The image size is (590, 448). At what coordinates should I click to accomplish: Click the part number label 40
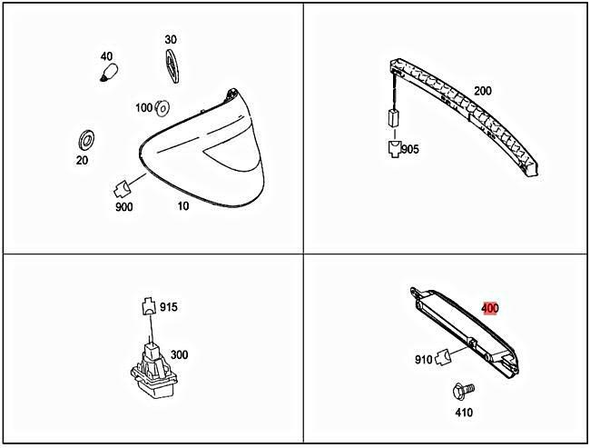pos(105,56)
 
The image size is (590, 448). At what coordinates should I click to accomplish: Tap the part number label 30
pos(171,40)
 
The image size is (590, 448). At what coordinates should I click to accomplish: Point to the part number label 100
pos(143,108)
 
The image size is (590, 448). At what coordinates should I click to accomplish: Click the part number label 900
pos(124,207)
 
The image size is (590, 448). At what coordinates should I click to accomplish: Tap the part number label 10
pos(182,206)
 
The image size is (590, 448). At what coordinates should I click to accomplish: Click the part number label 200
pos(482,92)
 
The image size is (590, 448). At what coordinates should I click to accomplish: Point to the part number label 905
pos(410,149)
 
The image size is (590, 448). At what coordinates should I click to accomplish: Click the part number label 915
pos(168,307)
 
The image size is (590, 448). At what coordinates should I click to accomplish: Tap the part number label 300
pos(179,353)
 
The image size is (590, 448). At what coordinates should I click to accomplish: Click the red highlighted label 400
pos(489,308)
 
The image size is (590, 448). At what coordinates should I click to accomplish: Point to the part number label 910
pos(424,359)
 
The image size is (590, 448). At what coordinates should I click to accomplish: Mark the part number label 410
pos(464,413)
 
